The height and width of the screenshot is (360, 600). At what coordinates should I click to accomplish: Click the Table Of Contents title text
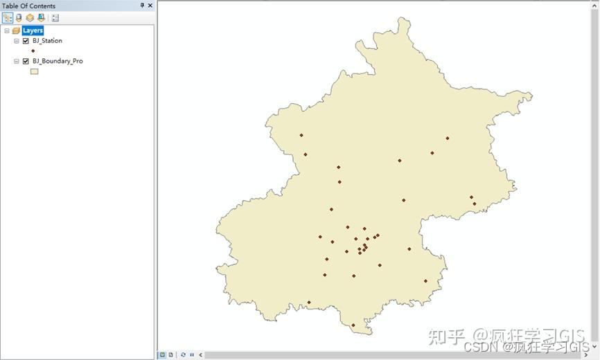(28, 6)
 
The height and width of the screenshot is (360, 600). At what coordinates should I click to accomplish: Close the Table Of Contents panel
(150, 6)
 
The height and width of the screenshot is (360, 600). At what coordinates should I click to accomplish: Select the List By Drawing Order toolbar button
(7, 18)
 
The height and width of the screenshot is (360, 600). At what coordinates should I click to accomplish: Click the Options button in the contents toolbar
(55, 18)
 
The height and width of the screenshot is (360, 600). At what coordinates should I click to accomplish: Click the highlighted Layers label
(33, 30)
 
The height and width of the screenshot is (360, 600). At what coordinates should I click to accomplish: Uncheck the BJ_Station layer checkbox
(26, 41)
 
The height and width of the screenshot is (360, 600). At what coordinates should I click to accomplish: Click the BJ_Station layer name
(47, 41)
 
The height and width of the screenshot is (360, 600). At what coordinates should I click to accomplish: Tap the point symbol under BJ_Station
(33, 51)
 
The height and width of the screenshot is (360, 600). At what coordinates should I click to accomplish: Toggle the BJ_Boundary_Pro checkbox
(26, 61)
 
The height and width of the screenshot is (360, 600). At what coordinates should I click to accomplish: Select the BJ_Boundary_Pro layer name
(58, 61)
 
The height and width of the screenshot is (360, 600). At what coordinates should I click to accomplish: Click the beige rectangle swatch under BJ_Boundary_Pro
(33, 71)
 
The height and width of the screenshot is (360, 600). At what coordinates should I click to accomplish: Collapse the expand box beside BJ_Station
(17, 41)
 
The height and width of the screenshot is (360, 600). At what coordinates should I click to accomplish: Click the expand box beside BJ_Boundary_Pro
(17, 61)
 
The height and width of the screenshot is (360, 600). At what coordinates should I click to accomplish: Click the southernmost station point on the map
(353, 325)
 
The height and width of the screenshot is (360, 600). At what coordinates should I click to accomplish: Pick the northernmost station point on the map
(301, 135)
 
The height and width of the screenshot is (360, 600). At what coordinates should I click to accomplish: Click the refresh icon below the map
(184, 354)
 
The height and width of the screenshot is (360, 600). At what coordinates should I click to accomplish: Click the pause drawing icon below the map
(192, 354)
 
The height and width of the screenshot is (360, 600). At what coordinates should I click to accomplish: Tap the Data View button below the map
(163, 354)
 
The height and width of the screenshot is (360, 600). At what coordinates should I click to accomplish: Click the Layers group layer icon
(16, 30)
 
